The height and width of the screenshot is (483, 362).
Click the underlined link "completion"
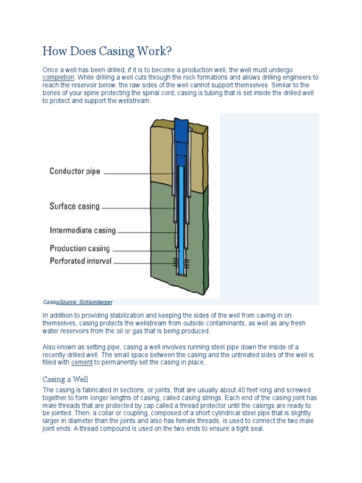pos(58,77)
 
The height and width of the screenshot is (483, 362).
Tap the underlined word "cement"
pos(82,363)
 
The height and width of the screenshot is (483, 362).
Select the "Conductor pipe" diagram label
pos(75,171)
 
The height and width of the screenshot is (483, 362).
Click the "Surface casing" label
pos(74,206)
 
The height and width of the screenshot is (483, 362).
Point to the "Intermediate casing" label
pos(82,231)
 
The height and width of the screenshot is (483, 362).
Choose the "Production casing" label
pos(80,248)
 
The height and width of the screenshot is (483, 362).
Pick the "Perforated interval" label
pos(81,261)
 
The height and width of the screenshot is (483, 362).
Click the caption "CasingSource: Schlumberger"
pos(78,302)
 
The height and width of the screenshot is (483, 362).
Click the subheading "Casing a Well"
pos(65,379)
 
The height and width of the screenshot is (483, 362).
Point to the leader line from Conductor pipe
pos(137,174)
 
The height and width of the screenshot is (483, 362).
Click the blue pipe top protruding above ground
pos(181,126)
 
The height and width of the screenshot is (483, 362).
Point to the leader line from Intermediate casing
pos(146,232)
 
